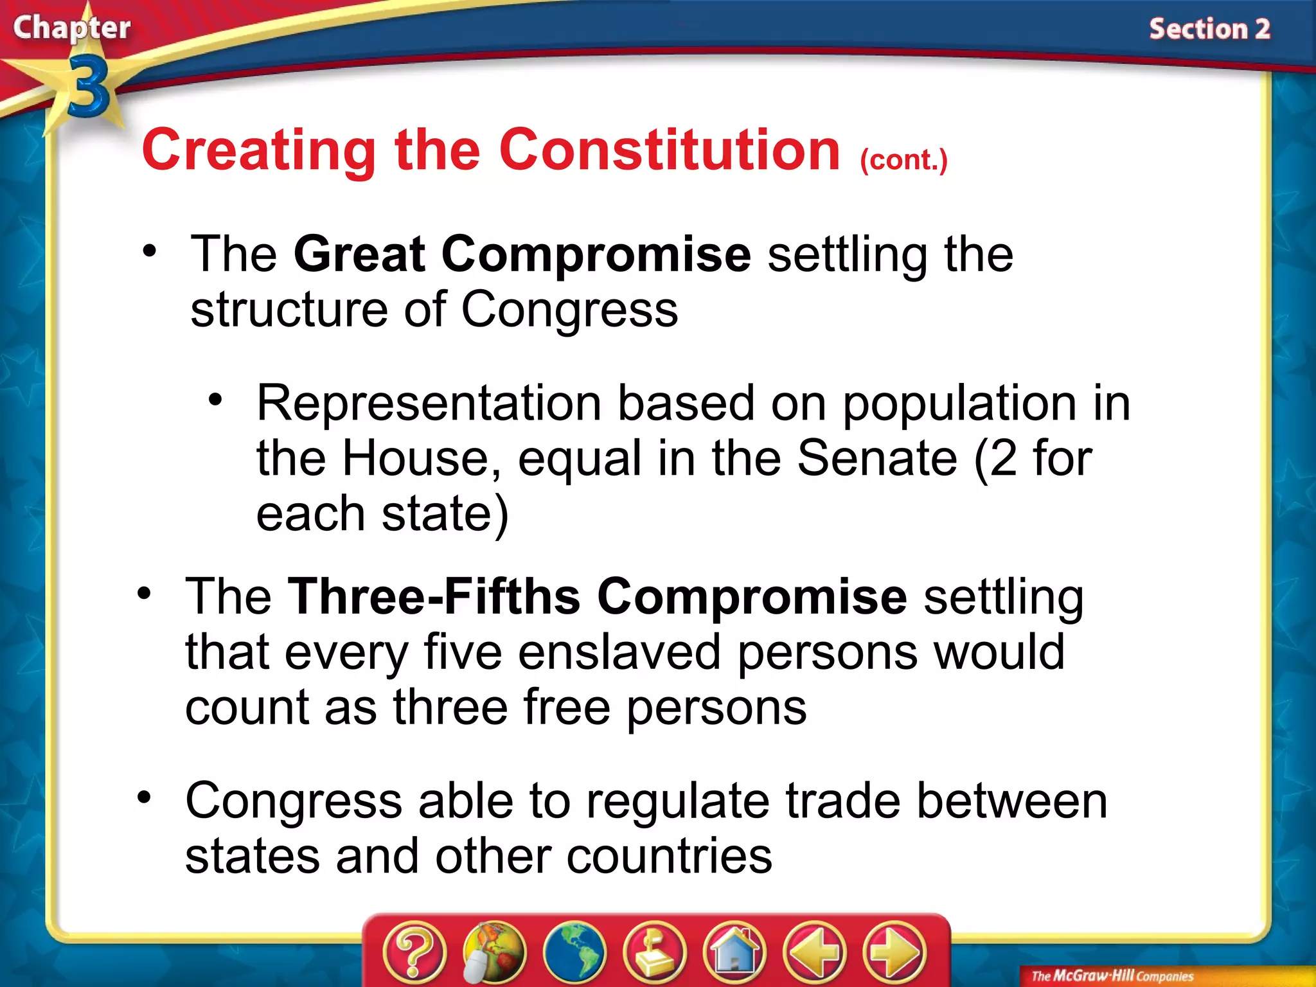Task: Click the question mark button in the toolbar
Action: point(414,952)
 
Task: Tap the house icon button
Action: point(734,952)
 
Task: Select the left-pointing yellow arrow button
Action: point(815,952)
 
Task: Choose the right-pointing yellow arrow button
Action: point(894,952)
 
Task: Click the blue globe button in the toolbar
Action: point(574,952)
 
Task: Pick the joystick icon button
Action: point(654,952)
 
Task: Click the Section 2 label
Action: point(1209,30)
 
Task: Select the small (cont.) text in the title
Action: point(903,160)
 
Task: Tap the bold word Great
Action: point(359,254)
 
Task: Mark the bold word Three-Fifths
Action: point(434,596)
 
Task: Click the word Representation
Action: point(429,404)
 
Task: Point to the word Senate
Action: point(876,458)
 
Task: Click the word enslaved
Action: point(619,652)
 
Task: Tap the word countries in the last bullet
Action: point(669,856)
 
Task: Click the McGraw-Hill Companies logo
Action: point(1112,976)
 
